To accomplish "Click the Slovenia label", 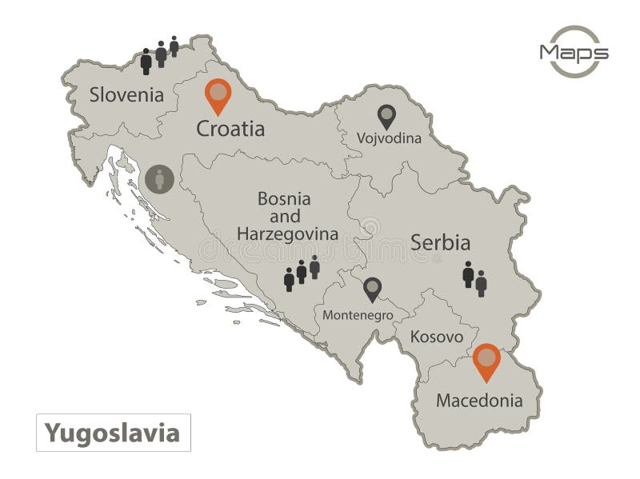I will pyautogui.click(x=126, y=95).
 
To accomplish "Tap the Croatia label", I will pyautogui.click(x=230, y=129).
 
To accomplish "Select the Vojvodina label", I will pyautogui.click(x=389, y=138).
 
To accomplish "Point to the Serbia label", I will pyautogui.click(x=440, y=242).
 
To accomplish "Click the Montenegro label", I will pyautogui.click(x=358, y=315).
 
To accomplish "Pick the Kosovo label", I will pyautogui.click(x=436, y=337).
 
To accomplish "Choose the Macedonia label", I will pyautogui.click(x=479, y=400).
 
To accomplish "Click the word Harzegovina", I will pyautogui.click(x=286, y=234).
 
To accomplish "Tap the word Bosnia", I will pyautogui.click(x=284, y=198).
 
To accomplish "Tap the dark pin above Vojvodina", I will pyautogui.click(x=386, y=117).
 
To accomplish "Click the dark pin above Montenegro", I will pyautogui.click(x=372, y=290).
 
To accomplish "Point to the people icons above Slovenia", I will pyautogui.click(x=159, y=55).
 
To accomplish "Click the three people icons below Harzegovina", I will pyautogui.click(x=302, y=273).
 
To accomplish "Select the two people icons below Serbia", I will pyautogui.click(x=474, y=278).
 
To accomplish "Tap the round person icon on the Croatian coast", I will pyautogui.click(x=159, y=179).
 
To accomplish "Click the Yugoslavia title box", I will pyautogui.click(x=112, y=433).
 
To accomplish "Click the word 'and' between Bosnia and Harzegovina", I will pyautogui.click(x=284, y=216).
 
